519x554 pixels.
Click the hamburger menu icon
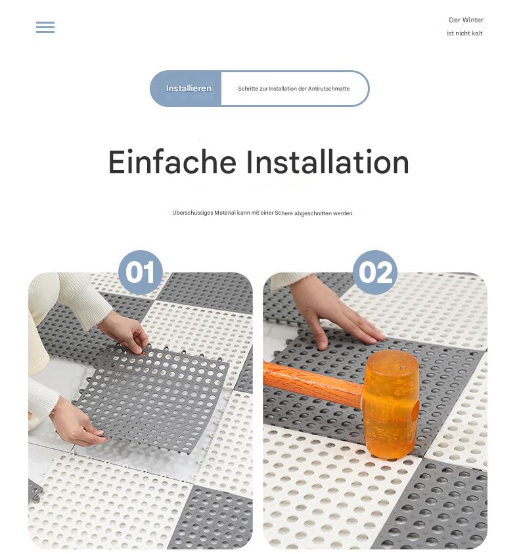45,28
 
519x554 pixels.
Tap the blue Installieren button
189,89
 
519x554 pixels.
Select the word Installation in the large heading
328,162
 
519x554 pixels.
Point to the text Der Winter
466,20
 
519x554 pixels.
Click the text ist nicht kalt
464,33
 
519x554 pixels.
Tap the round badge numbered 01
140,272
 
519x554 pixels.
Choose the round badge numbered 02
375,272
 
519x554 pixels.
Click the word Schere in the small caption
284,213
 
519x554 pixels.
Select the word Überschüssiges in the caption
192,213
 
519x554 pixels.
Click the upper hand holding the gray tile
125,331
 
